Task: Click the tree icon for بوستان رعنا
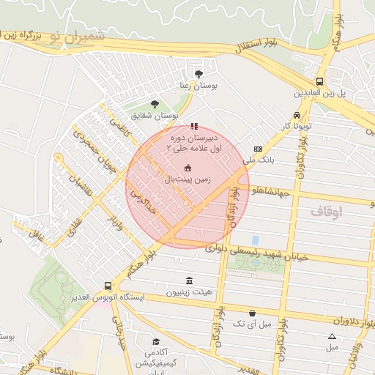[x=198, y=73]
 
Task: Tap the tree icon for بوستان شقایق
[x=154, y=104]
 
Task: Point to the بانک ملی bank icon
[x=257, y=148]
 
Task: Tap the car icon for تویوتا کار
[x=296, y=115]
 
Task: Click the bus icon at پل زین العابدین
[x=320, y=82]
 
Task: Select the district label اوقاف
[x=327, y=211]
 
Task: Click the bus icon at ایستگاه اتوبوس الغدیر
[x=108, y=286]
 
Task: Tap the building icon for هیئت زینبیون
[x=190, y=281]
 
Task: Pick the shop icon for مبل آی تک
[x=252, y=313]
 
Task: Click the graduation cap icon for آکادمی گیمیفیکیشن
[x=156, y=342]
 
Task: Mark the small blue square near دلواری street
[x=255, y=240]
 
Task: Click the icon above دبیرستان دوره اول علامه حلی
[x=193, y=126]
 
